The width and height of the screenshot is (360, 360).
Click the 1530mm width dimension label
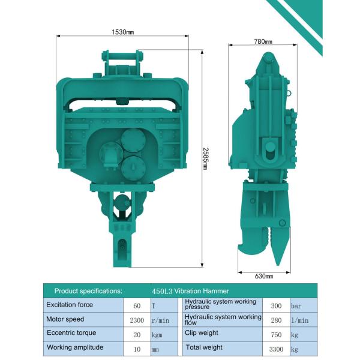122,31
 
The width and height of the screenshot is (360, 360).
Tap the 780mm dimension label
263,41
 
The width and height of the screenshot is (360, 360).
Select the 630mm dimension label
264,276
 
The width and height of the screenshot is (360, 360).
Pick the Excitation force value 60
137,305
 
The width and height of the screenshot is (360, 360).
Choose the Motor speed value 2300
137,320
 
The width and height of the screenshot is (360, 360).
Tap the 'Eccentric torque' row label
71,332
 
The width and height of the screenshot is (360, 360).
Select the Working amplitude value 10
137,348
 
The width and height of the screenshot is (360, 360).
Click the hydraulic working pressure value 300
276,305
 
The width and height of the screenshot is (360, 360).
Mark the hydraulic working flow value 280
276,320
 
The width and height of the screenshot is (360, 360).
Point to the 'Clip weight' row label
202,332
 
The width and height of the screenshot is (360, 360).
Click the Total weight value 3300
276,348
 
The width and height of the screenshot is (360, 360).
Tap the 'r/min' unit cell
158,320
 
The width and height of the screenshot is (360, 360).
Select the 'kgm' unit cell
157,334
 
